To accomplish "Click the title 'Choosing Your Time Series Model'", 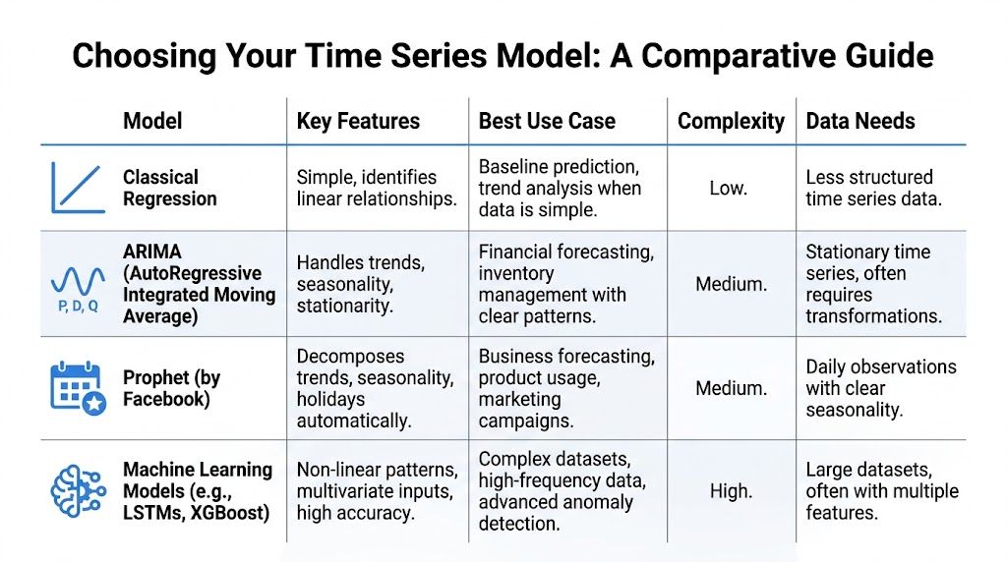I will point(503,55).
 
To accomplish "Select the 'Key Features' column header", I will point(358,122).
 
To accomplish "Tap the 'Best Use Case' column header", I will point(547,122).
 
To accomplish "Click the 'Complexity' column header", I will point(731,122).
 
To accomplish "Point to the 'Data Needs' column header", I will point(860,122).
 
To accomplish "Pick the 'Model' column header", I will point(152,122).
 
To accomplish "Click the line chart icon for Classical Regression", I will point(78,189).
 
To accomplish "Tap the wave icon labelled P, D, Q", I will point(78,285).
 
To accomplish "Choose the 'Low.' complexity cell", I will point(728,188).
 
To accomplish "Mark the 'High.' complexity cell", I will point(731,490).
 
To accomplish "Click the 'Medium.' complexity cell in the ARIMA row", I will point(731,284).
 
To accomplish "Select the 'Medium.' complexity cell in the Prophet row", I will point(731,388).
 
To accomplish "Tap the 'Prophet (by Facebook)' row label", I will point(171,388).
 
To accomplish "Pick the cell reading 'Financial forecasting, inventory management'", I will point(565,284).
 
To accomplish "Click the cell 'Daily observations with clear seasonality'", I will point(880,388).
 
